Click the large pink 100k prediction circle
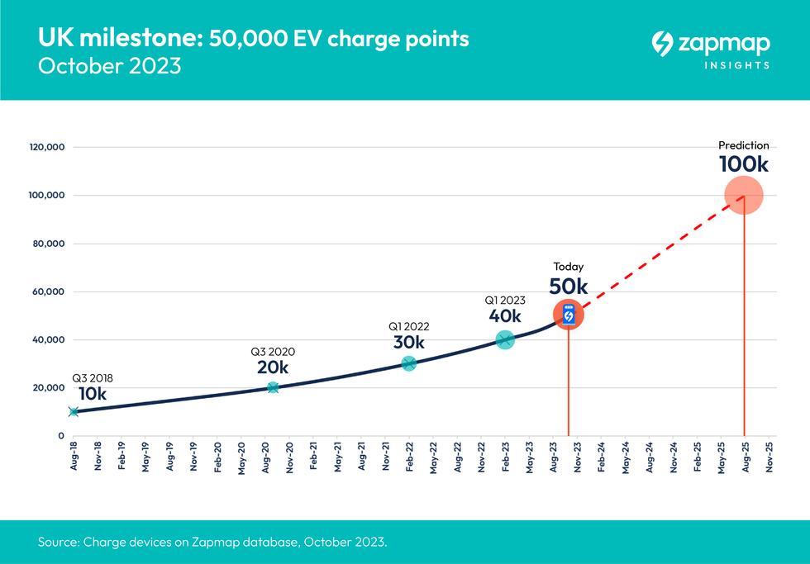pyautogui.click(x=744, y=196)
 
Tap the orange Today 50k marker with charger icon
pyautogui.click(x=569, y=315)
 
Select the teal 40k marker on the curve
pyautogui.click(x=505, y=339)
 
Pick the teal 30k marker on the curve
pyautogui.click(x=408, y=363)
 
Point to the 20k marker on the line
pyautogui.click(x=273, y=387)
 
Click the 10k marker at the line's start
pyautogui.click(x=74, y=411)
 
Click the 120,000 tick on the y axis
pyautogui.click(x=46, y=148)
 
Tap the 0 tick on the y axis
pyautogui.click(x=61, y=435)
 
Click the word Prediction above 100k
pyautogui.click(x=743, y=145)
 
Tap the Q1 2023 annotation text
pyautogui.click(x=505, y=301)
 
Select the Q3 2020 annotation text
pyautogui.click(x=273, y=351)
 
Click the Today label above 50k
pyautogui.click(x=569, y=267)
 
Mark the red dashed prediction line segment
pyautogui.click(x=657, y=255)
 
